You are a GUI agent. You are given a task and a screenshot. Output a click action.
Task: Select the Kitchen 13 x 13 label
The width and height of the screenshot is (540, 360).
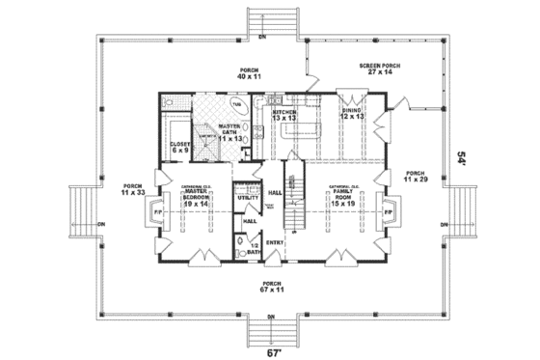click(x=284, y=115)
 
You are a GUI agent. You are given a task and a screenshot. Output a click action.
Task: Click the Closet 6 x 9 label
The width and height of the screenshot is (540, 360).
click(x=180, y=146)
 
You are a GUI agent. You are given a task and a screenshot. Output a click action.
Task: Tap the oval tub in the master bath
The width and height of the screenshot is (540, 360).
click(x=237, y=104)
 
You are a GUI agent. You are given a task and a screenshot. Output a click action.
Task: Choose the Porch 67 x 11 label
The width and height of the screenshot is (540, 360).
click(x=271, y=286)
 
